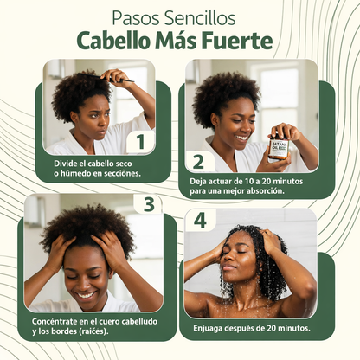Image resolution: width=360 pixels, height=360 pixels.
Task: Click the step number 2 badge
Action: click(x=198, y=161)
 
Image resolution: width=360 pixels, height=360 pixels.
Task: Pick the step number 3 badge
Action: click(x=149, y=204)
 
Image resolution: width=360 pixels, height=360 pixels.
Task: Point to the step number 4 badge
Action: click(x=200, y=221)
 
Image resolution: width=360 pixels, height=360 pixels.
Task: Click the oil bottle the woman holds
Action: click(x=279, y=147)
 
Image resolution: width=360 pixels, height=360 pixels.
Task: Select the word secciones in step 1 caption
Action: click(x=118, y=172)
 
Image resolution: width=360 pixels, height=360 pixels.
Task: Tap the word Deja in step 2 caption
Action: click(x=199, y=180)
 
